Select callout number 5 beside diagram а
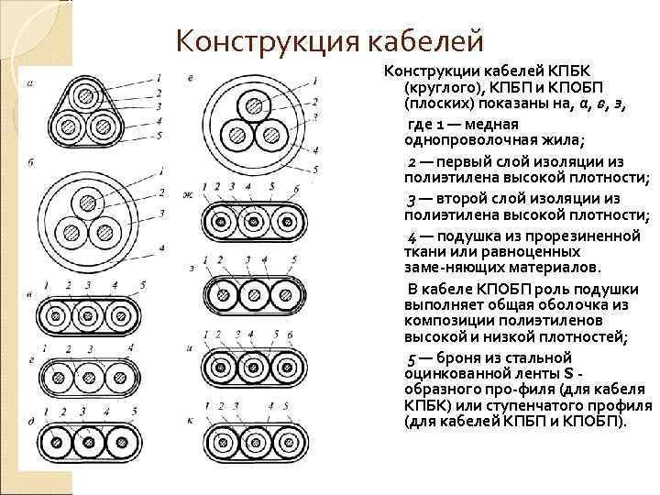pos(159,136)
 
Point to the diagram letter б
pos(31,162)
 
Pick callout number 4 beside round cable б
pos(160,248)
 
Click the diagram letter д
pos(31,421)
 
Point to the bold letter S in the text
pos(570,373)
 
